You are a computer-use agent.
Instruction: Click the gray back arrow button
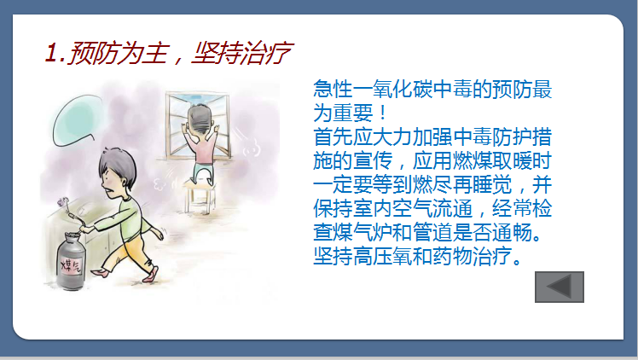coord(559,287)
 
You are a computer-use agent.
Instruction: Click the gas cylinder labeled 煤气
coord(71,260)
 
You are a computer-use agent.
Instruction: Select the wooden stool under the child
coord(200,196)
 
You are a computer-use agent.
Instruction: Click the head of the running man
coord(117,171)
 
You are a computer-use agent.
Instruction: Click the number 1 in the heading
coord(50,53)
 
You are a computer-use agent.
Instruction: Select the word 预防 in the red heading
coord(90,53)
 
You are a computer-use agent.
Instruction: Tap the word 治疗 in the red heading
coord(265,53)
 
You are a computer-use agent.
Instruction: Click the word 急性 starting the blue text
coord(333,89)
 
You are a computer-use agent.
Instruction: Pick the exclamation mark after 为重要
coord(382,113)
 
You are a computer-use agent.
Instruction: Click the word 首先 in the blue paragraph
coord(333,136)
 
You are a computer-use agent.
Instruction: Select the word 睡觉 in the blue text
coord(492,184)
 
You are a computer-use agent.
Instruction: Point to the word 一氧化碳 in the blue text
coord(392,89)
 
